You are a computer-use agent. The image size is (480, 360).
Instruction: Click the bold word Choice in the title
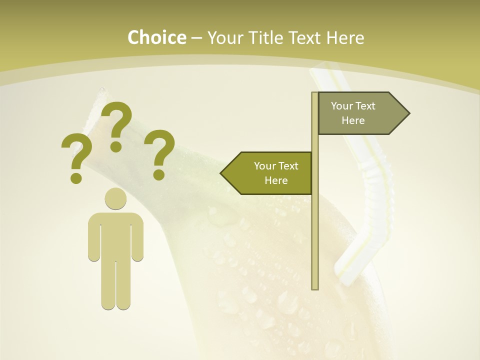(x=156, y=37)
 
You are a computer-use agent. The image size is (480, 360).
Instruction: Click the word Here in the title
(x=344, y=37)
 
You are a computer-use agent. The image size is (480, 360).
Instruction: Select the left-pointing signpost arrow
(x=270, y=173)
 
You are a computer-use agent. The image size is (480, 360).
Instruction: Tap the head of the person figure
(x=115, y=199)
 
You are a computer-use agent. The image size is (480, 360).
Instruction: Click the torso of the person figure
(x=115, y=235)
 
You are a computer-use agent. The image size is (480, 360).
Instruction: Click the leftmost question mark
(x=75, y=155)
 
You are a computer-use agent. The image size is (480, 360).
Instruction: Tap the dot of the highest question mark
(x=116, y=146)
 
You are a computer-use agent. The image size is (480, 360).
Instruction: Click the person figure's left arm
(x=93, y=237)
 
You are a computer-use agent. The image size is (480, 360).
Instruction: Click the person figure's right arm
(x=138, y=237)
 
